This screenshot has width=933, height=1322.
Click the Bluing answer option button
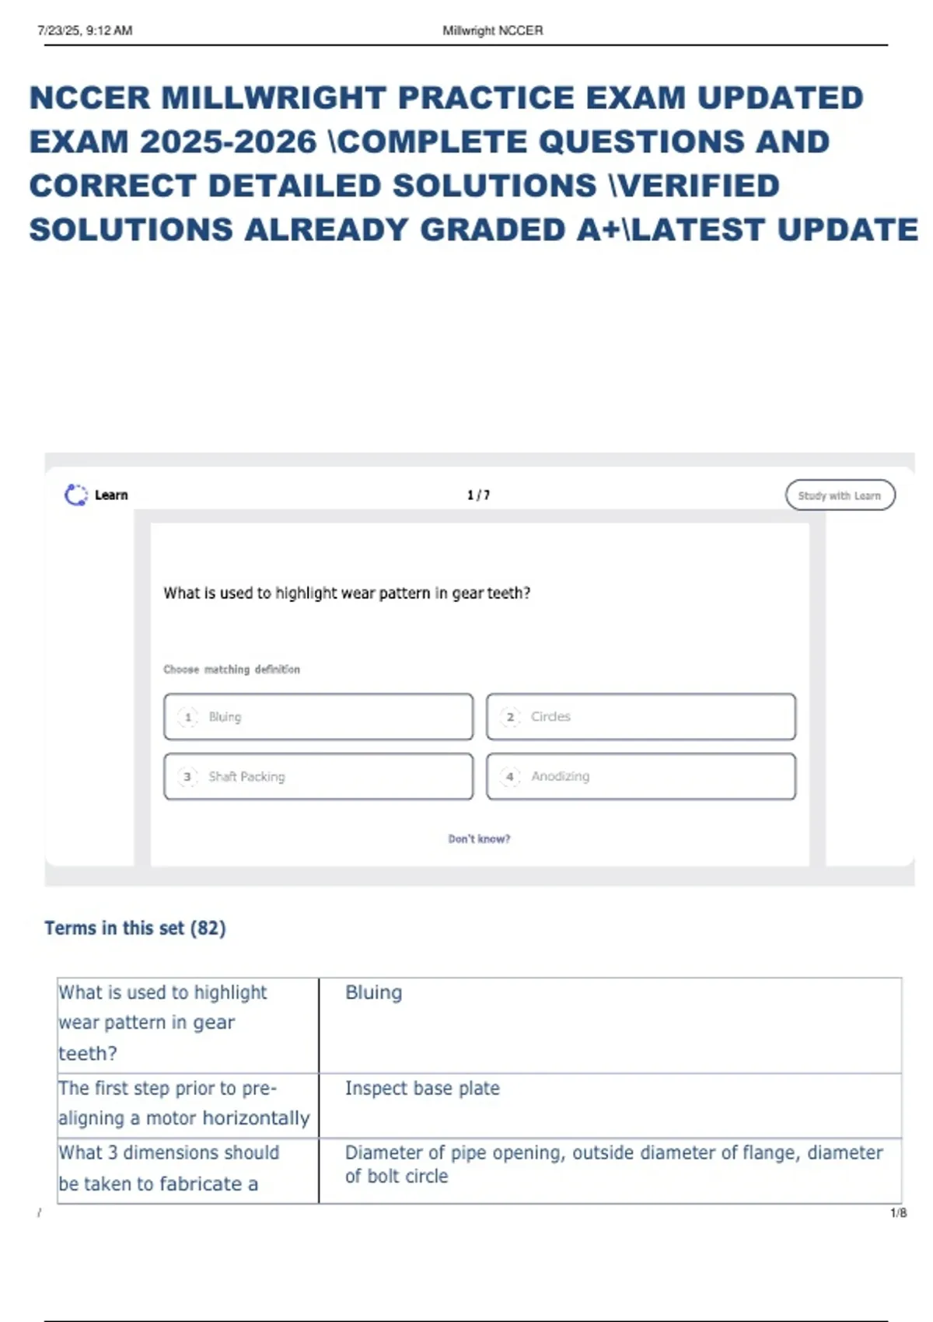tap(318, 716)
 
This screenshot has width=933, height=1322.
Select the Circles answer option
tap(641, 716)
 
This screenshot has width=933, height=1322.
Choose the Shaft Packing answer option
tap(318, 776)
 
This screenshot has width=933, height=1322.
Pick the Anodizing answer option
tap(641, 776)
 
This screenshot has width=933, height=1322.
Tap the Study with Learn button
tap(840, 495)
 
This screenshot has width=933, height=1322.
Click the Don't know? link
tap(479, 839)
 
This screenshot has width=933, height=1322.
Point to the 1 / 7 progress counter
tap(478, 495)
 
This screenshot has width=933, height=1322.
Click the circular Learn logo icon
tap(75, 495)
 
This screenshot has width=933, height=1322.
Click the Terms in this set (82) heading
tap(135, 928)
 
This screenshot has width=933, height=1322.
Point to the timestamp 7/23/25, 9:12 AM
tap(85, 31)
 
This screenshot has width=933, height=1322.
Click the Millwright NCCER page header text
tap(493, 31)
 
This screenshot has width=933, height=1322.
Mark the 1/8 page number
tap(898, 1213)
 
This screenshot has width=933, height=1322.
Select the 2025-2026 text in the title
tap(228, 142)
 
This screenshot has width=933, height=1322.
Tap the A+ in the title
tap(594, 230)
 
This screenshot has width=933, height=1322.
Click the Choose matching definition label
tap(232, 670)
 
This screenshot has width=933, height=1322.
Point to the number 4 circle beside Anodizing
tap(510, 776)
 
